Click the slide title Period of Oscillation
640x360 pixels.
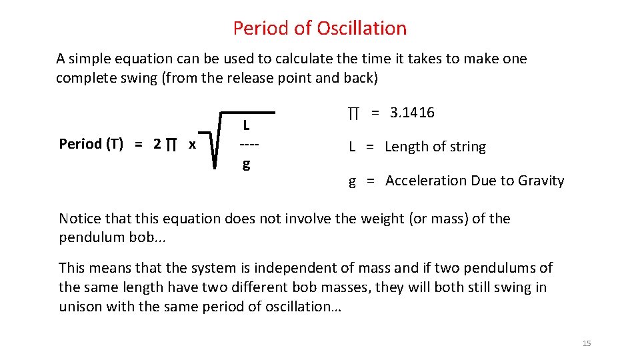319,28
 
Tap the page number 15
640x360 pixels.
587,343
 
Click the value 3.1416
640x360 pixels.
412,113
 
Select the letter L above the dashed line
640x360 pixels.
246,125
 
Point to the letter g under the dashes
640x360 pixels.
246,163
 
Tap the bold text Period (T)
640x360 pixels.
91,144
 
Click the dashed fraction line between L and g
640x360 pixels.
249,144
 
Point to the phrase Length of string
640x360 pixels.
435,147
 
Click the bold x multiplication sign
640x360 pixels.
192,144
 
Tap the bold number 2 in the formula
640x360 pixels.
157,144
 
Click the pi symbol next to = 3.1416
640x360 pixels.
353,113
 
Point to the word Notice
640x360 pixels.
80,219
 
